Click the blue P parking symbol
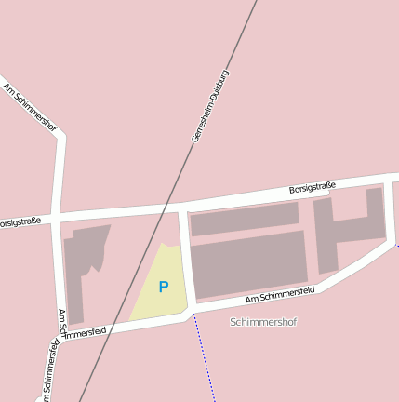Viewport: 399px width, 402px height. [164, 288]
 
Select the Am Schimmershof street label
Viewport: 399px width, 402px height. [31, 107]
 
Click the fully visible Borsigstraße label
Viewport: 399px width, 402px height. [312, 188]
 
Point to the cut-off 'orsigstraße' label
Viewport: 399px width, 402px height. [20, 222]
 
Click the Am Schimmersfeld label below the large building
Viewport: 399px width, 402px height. [280, 294]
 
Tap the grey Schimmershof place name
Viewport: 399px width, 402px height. [263, 322]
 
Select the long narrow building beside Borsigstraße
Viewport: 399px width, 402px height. [244, 219]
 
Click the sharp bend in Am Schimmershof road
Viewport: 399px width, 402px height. [61, 138]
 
